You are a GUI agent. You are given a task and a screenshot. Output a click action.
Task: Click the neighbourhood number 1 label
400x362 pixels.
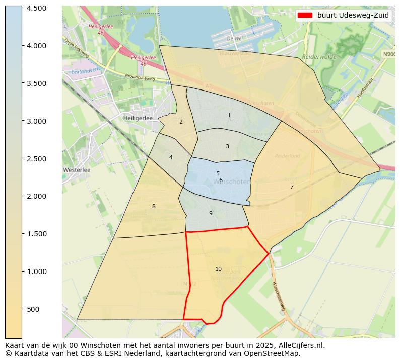(229, 116)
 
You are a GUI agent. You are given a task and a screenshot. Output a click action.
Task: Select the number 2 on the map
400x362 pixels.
(181, 122)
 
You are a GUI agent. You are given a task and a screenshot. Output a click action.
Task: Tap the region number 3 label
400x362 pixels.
(227, 147)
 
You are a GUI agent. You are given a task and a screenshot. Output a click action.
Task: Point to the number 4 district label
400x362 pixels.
(171, 158)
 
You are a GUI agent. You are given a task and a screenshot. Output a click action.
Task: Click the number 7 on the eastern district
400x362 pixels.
(292, 187)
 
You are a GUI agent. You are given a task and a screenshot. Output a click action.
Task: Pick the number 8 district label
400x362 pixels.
(154, 206)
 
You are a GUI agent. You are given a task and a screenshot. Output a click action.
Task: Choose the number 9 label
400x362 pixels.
(211, 214)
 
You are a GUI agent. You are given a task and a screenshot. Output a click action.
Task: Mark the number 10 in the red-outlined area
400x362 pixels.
(218, 269)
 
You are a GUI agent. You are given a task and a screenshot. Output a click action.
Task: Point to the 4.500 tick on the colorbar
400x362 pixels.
(37, 8)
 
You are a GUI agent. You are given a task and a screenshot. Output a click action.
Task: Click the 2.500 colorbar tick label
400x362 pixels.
(37, 159)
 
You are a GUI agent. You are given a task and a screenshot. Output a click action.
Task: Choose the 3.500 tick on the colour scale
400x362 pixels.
(37, 83)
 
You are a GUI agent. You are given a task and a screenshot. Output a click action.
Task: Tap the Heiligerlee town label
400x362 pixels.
(138, 118)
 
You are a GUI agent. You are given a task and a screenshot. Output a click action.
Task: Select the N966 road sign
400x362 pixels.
(388, 54)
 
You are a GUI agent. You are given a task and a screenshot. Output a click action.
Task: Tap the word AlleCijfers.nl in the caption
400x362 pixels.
(301, 345)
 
